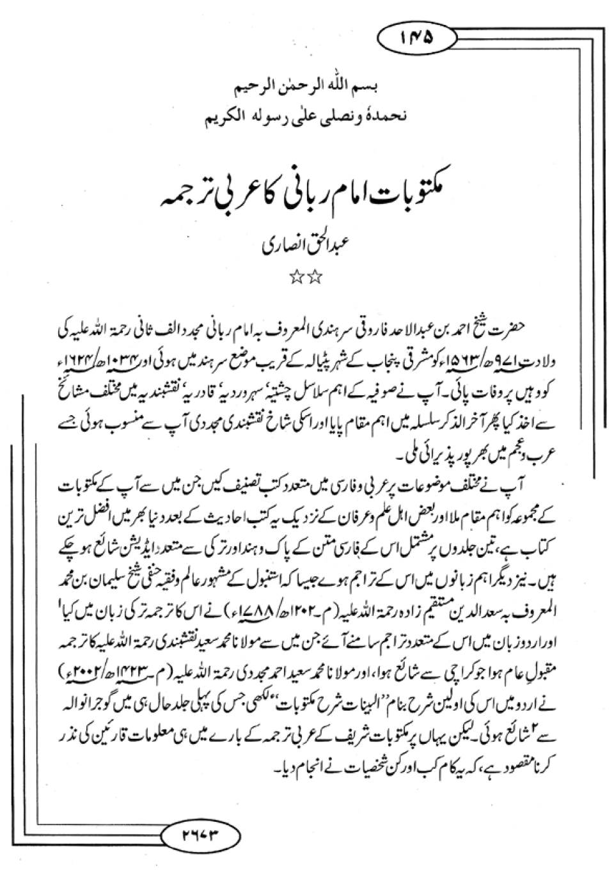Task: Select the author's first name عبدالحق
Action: [x=329, y=244]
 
